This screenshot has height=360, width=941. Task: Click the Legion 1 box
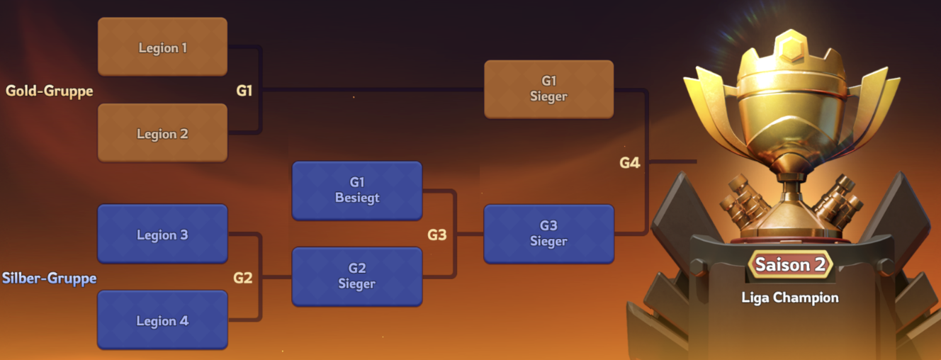tap(162, 47)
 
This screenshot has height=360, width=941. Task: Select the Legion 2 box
tap(162, 133)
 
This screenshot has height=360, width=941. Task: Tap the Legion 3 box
tap(162, 235)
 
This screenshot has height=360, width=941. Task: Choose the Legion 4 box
tap(162, 320)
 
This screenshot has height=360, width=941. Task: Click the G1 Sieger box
tap(548, 89)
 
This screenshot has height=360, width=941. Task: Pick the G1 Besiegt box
tap(357, 191)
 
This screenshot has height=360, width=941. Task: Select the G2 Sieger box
tap(357, 276)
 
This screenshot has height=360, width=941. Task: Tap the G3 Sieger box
tap(548, 234)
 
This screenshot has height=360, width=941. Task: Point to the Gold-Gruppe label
tap(50, 91)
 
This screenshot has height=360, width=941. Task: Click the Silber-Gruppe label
tap(50, 278)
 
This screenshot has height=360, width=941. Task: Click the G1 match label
tap(244, 91)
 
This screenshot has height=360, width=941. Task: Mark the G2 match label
tap(243, 278)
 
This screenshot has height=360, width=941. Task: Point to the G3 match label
tap(437, 235)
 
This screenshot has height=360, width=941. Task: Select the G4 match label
tap(630, 163)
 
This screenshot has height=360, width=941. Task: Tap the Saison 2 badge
tap(790, 265)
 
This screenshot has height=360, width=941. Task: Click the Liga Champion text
tap(790, 298)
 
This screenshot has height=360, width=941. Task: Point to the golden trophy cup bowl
tap(789, 113)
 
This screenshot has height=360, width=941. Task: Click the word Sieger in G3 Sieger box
tap(548, 242)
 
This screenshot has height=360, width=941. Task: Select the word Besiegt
tap(357, 198)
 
